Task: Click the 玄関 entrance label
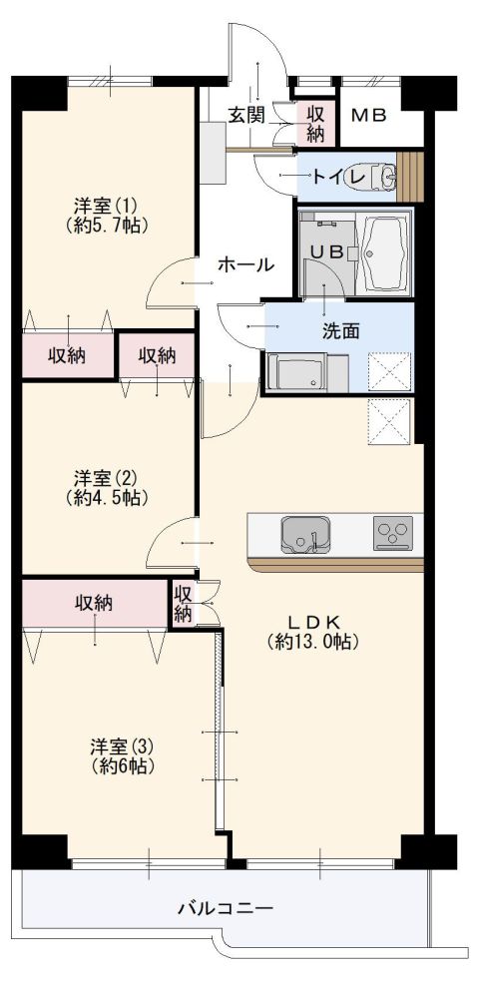[x=245, y=115]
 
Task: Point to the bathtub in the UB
[x=383, y=250]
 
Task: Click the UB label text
[x=325, y=252]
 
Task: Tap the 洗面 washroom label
[x=340, y=330]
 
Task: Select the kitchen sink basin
[x=303, y=534]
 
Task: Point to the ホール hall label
[x=245, y=265]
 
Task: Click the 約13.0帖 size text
[x=313, y=642]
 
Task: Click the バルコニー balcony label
[x=225, y=908]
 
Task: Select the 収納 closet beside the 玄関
[x=315, y=124]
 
